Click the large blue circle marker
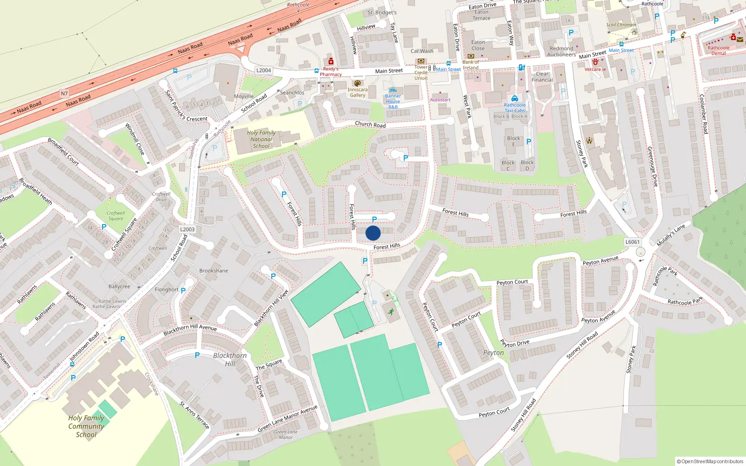coord(373,233)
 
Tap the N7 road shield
coord(64,94)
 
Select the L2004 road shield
coord(263,70)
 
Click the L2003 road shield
coord(187,229)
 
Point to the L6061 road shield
coord(632,242)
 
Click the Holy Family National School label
coord(261,139)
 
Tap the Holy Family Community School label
coord(86,426)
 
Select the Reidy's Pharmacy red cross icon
coord(331,62)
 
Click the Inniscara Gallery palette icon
coord(358,83)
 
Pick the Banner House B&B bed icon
coord(393,90)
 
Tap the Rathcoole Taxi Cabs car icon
coord(515,98)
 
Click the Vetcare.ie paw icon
coord(595,62)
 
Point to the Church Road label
coord(370,124)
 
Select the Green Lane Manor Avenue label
coord(287,418)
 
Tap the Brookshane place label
coord(214,271)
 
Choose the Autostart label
coord(440,100)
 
